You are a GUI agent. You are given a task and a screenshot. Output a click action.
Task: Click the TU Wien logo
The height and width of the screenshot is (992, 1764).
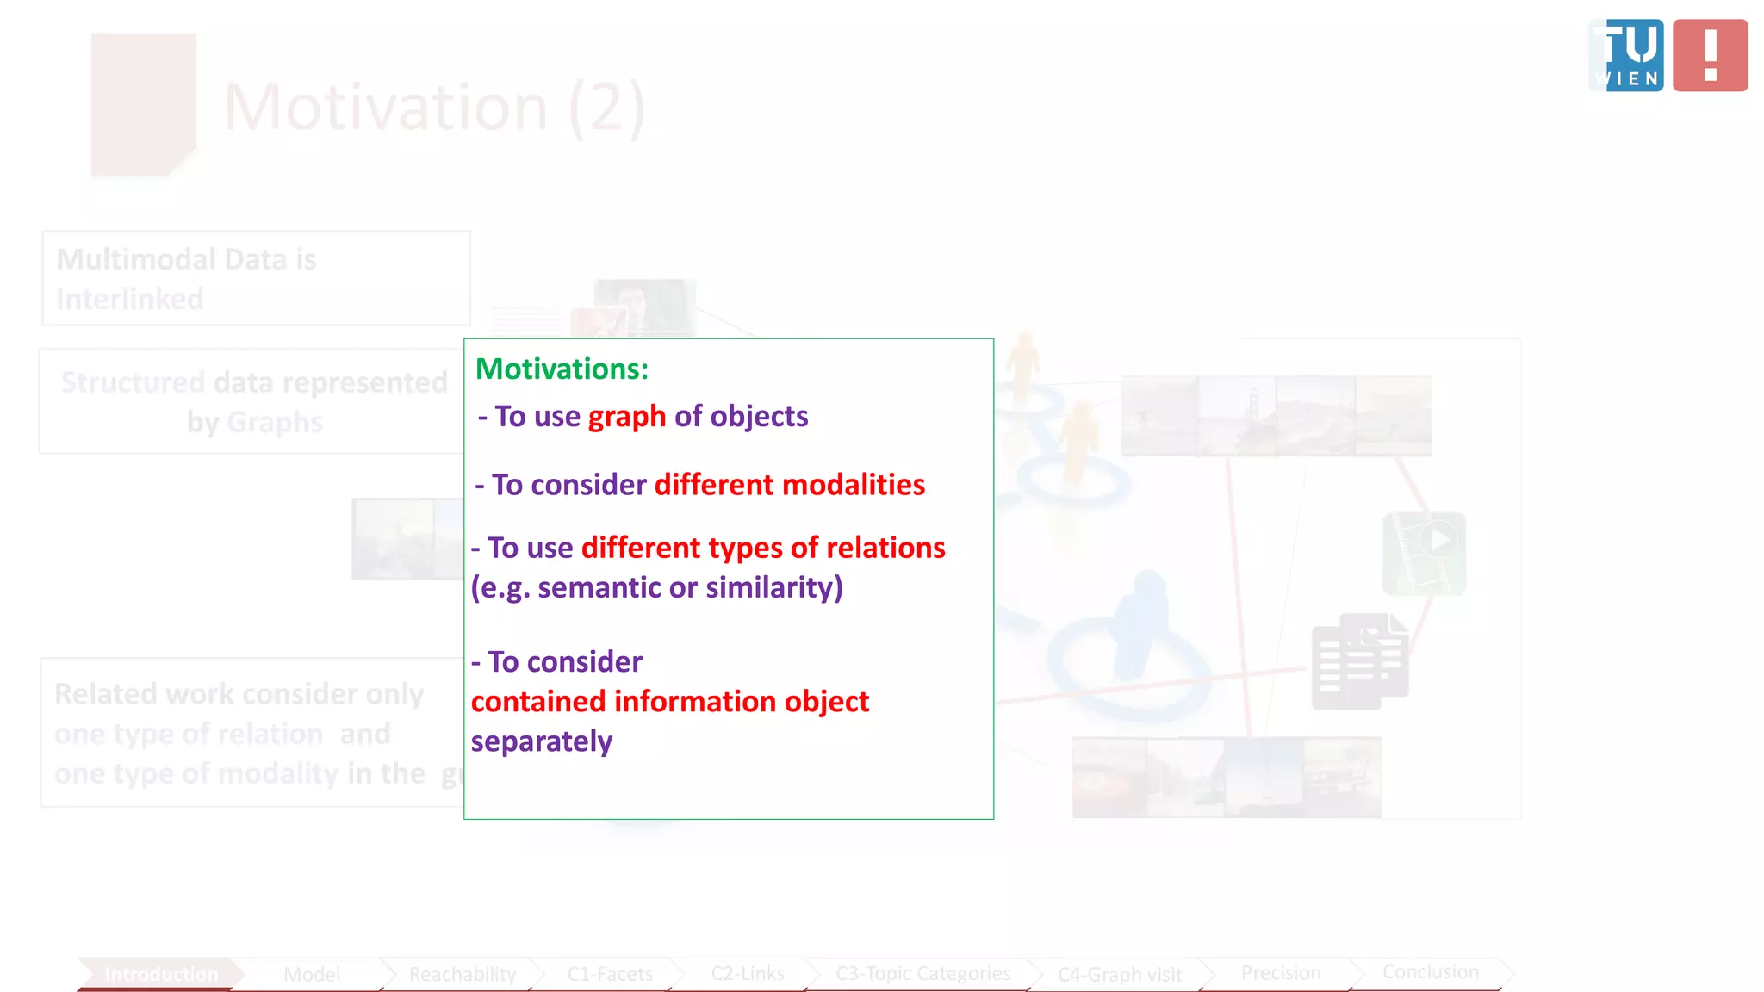coord(1626,55)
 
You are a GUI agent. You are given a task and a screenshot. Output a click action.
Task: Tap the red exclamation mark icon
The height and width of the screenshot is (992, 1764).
coord(1710,55)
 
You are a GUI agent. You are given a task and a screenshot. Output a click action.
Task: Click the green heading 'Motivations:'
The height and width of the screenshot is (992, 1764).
coord(562,369)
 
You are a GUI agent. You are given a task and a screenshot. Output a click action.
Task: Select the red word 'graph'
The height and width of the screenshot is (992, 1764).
coord(626,416)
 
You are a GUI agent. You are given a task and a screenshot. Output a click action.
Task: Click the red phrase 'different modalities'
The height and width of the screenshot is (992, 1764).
coord(789,485)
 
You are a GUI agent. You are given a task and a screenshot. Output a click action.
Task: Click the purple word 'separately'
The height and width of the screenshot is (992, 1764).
coord(541,741)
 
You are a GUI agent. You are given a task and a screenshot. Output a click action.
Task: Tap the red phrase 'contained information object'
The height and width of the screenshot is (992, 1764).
coord(669,702)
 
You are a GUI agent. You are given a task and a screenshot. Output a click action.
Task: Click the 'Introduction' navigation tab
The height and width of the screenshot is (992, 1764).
coord(160,974)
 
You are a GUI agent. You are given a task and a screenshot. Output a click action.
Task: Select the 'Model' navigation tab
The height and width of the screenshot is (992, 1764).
coord(312,974)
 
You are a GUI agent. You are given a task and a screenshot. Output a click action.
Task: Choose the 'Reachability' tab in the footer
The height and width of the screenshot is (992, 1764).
coord(463,974)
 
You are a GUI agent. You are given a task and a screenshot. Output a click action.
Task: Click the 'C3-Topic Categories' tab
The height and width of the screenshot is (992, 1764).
coord(922,973)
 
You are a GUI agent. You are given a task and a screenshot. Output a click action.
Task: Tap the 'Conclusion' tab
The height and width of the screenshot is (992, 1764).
coord(1430,971)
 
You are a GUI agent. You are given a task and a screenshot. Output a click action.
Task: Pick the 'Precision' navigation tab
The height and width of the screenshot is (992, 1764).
coord(1280,972)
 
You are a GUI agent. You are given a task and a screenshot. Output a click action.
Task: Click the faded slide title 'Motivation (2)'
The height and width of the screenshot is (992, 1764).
coord(434,108)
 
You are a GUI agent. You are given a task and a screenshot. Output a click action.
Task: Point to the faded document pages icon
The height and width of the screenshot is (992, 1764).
coord(1359,661)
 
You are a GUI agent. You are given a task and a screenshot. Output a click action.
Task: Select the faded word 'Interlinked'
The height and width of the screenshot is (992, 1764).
coord(130,299)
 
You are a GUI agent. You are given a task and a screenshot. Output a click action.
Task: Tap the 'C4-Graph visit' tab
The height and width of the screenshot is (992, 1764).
coord(1119,974)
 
